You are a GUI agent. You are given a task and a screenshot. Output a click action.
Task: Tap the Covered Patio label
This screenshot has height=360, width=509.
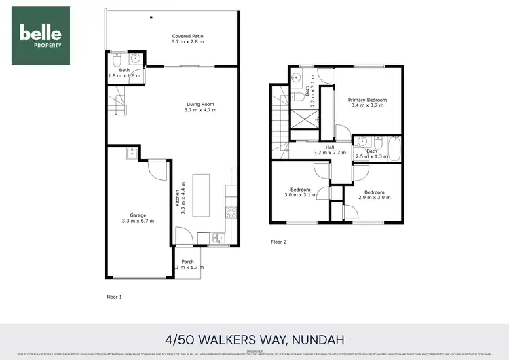[188, 39]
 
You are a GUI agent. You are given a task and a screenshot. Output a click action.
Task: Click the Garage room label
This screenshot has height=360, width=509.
[138, 218]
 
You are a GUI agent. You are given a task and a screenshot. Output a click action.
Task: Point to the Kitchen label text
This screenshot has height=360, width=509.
[180, 200]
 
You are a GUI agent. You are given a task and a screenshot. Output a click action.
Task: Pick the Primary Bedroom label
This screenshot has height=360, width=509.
[367, 103]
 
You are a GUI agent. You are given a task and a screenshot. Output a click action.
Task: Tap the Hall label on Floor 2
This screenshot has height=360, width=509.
[330, 150]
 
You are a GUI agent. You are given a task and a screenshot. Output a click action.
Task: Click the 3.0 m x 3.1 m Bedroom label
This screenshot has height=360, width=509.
[301, 192]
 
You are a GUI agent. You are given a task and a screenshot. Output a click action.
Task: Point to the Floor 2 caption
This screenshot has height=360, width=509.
[279, 242]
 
